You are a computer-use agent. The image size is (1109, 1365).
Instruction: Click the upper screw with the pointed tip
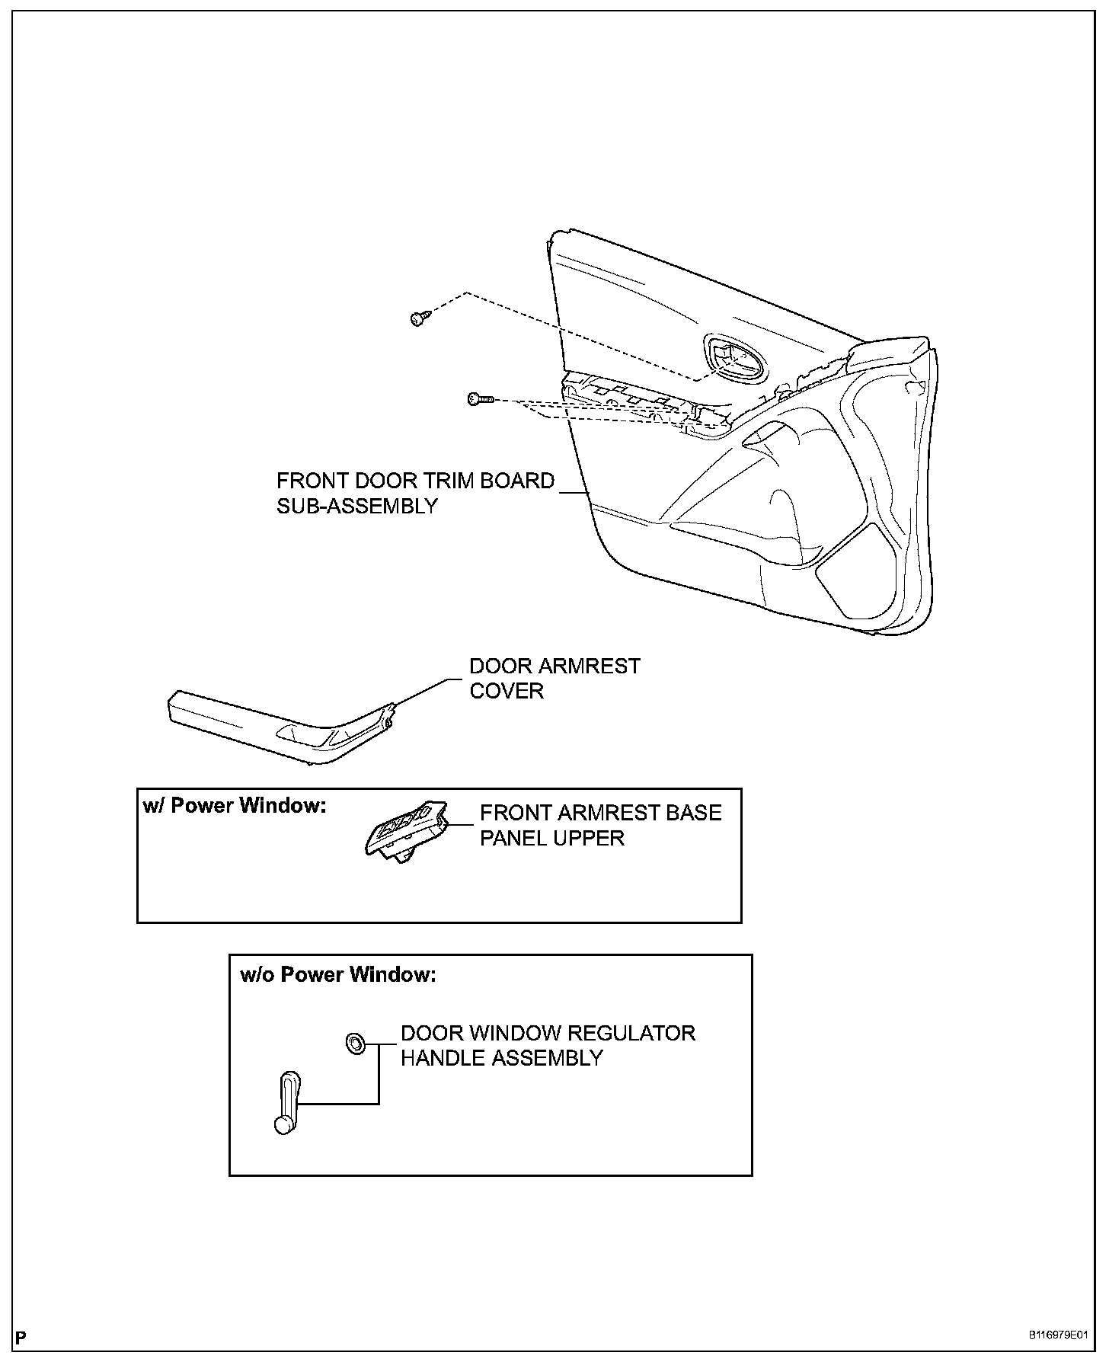tap(418, 318)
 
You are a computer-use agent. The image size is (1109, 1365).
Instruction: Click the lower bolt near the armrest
tap(479, 398)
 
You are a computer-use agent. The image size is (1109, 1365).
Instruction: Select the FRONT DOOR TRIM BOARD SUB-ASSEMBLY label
tap(415, 494)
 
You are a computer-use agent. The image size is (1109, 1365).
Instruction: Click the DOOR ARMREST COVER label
tap(554, 678)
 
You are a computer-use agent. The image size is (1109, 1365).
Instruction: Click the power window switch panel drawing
tap(405, 831)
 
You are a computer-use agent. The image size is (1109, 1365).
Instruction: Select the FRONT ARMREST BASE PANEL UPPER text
tap(600, 825)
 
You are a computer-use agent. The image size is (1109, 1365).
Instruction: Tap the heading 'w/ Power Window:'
tap(235, 806)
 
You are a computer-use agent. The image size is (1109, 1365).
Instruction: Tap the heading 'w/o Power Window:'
tap(338, 974)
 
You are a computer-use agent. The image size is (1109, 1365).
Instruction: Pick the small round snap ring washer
tap(355, 1042)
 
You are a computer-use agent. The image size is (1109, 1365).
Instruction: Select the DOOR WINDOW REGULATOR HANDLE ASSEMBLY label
tap(548, 1045)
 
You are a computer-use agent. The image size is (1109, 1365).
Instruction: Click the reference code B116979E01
tap(1057, 1335)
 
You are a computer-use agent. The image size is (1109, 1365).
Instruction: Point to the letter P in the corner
tap(21, 1337)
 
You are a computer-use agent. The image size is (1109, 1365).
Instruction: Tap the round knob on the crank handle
tap(283, 1125)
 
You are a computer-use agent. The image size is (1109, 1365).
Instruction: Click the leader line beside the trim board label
tap(575, 493)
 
